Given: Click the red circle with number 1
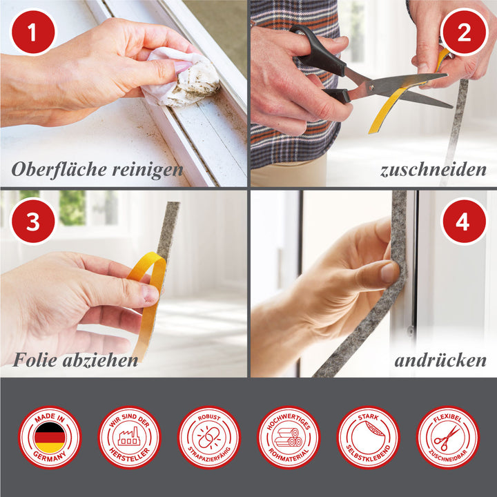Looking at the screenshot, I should tap(32, 32).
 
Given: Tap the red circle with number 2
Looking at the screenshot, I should tap(464, 32).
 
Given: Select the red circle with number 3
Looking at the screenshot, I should tap(32, 221).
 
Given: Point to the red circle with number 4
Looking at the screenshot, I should tap(464, 221).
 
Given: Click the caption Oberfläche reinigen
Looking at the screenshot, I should tap(98, 169).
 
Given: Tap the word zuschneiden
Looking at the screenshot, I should tap(433, 170).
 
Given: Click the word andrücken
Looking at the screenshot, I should tap(440, 360).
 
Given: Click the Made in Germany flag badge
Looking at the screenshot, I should tap(50, 438).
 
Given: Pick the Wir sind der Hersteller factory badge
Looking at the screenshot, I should tap(129, 438).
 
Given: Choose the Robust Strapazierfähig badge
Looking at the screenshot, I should tap(209, 438).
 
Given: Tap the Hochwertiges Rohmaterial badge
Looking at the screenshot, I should tap(289, 438).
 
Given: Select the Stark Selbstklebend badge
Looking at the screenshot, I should tap(368, 438).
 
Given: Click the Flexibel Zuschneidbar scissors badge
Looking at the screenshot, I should tap(447, 438).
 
